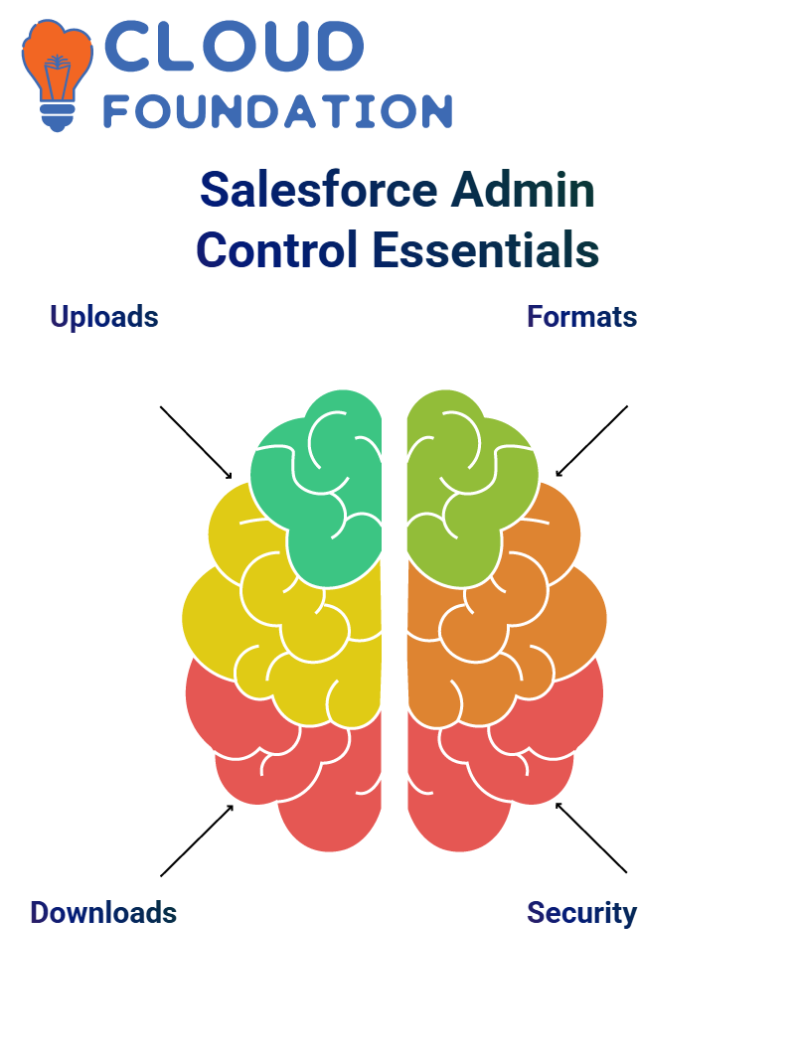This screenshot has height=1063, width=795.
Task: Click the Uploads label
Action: coord(104,317)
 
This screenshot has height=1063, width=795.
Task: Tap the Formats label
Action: coord(582,317)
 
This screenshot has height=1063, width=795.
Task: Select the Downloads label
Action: coord(103,913)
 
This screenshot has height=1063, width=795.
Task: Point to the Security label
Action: coord(582,914)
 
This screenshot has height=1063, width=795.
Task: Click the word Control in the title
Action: coord(276,249)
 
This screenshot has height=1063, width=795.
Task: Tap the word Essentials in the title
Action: coord(486,249)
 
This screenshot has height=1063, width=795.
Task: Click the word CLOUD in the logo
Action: coord(235,46)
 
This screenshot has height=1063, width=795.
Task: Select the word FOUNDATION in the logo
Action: coord(278,111)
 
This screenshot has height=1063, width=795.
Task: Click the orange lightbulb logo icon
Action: coord(58,75)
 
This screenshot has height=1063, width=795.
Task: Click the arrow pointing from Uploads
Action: coord(196,443)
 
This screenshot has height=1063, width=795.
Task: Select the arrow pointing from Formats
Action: coord(591,441)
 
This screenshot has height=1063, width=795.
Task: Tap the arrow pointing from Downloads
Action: coord(197,839)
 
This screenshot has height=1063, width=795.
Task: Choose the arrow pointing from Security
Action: coord(591,837)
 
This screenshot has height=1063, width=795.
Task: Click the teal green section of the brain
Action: coord(319,488)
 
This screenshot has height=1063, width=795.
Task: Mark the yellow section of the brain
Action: coord(285,624)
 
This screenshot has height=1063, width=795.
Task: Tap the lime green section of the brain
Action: coord(469,488)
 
